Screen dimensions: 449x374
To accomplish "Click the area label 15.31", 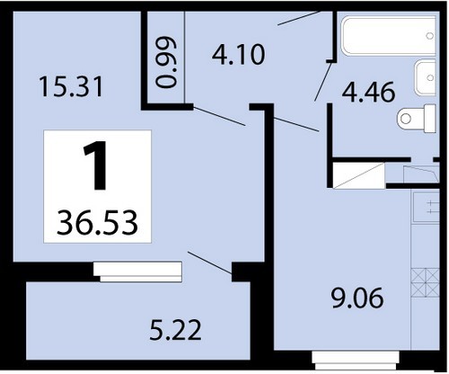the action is (71, 86).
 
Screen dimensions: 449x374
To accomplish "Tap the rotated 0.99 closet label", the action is (166, 62).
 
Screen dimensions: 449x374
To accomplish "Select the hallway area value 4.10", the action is (239, 55).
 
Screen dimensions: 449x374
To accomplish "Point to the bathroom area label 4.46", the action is (368, 92).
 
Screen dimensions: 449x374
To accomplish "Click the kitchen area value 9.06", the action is (357, 298).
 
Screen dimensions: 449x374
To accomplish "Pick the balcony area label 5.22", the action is (175, 330).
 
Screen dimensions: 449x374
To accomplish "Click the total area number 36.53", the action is (97, 223).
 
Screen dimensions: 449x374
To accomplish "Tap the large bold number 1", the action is (96, 165).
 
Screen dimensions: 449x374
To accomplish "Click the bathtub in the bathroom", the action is (388, 36).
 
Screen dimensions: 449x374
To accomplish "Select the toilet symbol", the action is (417, 119).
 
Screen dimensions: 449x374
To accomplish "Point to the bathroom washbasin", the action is (425, 77).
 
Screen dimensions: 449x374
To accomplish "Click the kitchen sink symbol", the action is (427, 207).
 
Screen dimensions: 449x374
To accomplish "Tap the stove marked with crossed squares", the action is (426, 283).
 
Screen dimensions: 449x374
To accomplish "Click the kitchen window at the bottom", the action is (356, 361).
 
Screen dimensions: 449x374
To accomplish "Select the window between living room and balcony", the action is (137, 272).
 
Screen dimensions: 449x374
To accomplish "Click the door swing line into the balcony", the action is (209, 263).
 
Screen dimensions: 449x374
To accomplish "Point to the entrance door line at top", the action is (298, 18).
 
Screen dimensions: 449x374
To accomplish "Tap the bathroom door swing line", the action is (323, 81).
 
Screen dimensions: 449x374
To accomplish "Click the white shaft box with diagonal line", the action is (359, 175).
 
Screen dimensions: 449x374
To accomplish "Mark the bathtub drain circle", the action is (430, 36).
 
